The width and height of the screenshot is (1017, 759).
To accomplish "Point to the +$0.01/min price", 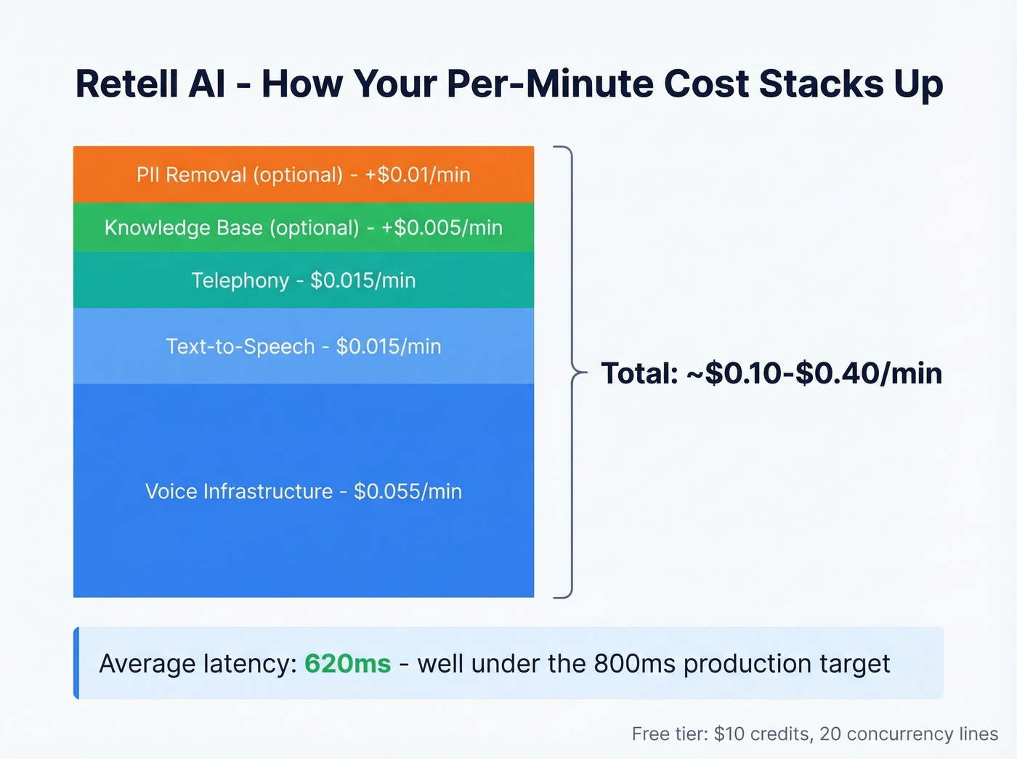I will (x=418, y=175).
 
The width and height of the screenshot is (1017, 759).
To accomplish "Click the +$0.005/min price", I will (x=442, y=228).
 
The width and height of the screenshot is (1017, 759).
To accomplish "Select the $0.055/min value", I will (x=408, y=492).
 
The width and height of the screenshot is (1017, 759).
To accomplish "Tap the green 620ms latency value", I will (x=347, y=664).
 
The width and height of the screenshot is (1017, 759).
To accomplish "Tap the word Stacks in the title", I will (x=821, y=84).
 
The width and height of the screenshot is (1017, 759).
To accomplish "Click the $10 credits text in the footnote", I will (x=762, y=734).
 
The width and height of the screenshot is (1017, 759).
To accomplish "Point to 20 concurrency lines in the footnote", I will (x=909, y=734).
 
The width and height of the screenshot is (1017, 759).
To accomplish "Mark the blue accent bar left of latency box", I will (x=76, y=663).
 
